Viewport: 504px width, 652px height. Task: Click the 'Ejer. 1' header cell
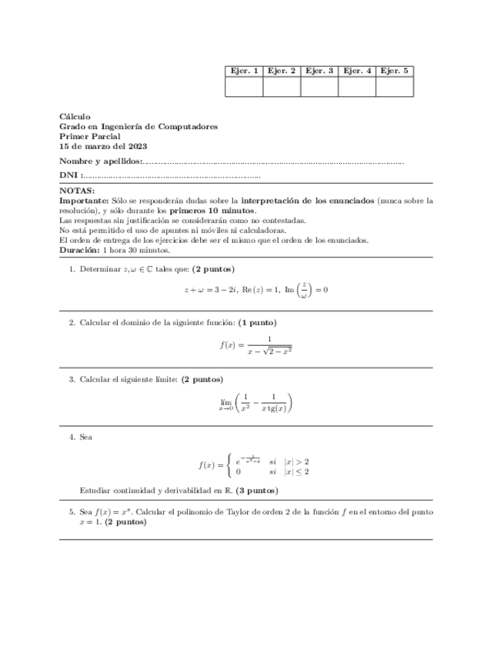point(244,71)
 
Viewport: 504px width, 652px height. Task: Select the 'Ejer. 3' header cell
point(319,71)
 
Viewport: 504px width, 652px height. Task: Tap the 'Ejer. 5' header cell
point(395,71)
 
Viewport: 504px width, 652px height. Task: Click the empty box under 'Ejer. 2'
point(282,87)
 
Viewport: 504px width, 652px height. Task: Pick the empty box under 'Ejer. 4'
point(357,87)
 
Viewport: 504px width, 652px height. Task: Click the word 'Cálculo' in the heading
point(75,117)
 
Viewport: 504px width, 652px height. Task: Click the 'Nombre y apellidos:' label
point(101,161)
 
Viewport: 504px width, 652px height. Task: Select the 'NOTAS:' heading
point(77,191)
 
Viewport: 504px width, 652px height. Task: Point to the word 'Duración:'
point(79,250)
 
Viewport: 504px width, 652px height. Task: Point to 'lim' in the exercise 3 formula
point(226,401)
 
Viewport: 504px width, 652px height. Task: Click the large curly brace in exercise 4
point(229,465)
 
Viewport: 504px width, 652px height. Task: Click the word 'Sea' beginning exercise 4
point(86,437)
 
